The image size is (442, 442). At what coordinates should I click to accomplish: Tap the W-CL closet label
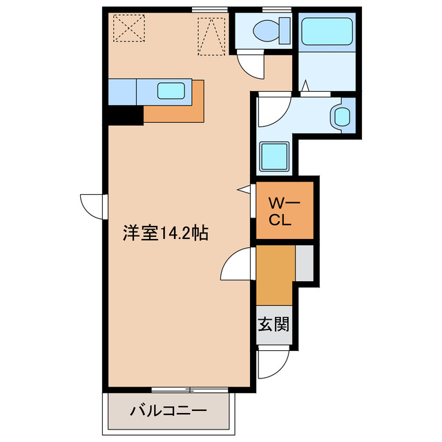click(x=282, y=212)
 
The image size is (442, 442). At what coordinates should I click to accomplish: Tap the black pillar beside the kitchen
click(x=125, y=115)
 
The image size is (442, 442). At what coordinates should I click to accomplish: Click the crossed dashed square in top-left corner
click(x=127, y=28)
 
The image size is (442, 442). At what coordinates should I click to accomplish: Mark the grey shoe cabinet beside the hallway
click(x=305, y=262)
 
